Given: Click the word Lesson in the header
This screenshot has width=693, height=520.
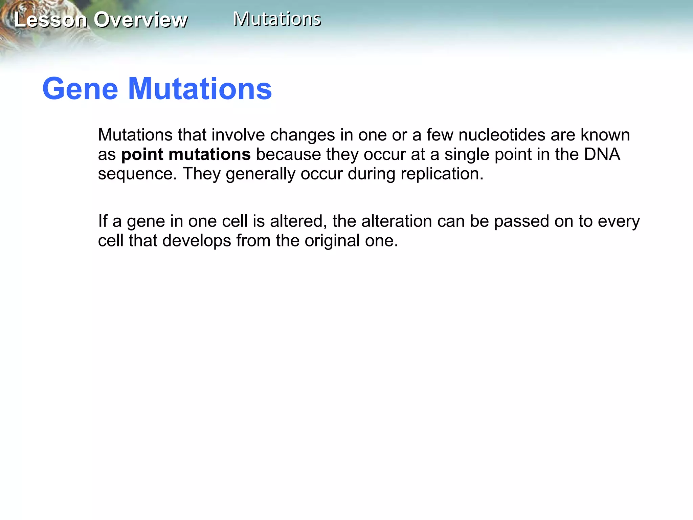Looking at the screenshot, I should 50,20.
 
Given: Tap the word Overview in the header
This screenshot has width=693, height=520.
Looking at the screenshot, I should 140,20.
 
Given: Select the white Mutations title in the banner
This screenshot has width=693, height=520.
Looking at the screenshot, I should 277,19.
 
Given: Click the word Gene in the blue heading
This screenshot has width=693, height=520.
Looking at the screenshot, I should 80,89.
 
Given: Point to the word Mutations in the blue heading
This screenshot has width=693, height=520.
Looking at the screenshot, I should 200,89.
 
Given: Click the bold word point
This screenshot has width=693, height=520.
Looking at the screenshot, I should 142,155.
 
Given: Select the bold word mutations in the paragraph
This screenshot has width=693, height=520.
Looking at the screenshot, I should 209,155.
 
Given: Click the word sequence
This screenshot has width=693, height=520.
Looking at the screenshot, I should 137,174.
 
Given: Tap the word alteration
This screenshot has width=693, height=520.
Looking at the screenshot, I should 397,221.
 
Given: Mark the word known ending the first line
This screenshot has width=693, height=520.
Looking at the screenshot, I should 605,135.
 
